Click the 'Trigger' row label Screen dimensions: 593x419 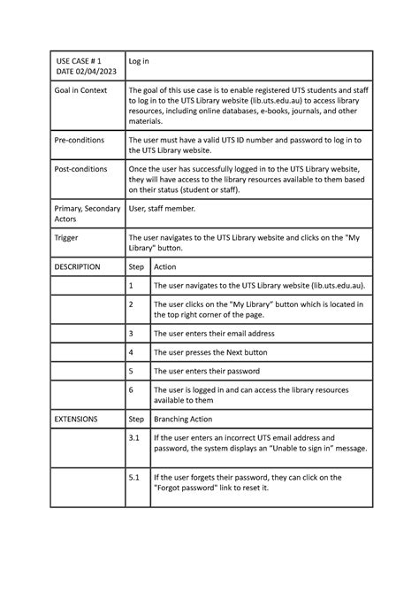[67, 238]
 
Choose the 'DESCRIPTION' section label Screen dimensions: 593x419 [78, 266]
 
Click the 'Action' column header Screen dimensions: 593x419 [165, 266]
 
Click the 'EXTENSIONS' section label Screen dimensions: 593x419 [76, 418]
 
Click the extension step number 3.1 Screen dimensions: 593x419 [134, 437]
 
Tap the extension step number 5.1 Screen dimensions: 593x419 [134, 477]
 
